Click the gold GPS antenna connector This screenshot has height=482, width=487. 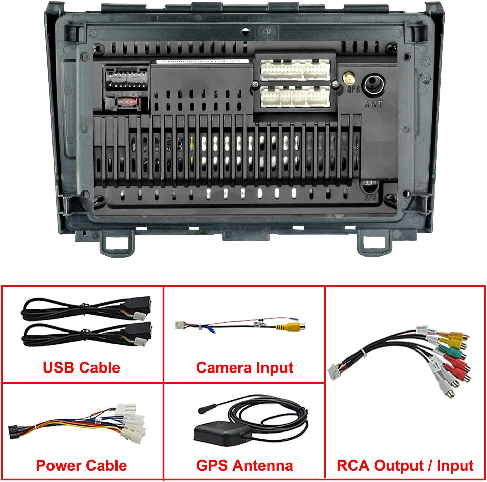[x=348, y=79]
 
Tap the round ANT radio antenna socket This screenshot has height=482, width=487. [x=374, y=85]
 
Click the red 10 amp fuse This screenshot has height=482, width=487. [x=127, y=101]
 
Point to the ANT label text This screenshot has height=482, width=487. [x=373, y=104]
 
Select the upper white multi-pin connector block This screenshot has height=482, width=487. [x=295, y=70]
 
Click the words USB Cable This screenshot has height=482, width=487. [x=81, y=368]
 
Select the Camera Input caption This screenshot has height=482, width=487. [x=245, y=368]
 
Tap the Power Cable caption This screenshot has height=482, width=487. [x=81, y=465]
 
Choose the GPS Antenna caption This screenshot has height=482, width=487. [x=245, y=465]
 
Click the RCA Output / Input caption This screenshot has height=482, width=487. [x=405, y=465]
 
